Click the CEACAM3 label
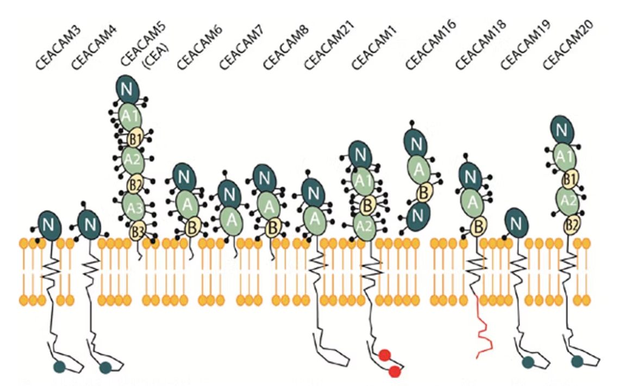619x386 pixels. (58, 48)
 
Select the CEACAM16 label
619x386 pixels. (431, 45)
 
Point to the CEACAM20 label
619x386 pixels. (568, 45)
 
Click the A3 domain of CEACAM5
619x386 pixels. (134, 207)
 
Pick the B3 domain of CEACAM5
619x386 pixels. (137, 232)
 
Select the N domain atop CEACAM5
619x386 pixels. (127, 89)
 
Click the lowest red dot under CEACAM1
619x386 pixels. (395, 371)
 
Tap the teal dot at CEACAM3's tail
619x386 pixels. (59, 367)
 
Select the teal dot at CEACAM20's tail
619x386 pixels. (577, 361)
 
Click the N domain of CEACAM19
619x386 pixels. (516, 223)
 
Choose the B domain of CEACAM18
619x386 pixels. (478, 227)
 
